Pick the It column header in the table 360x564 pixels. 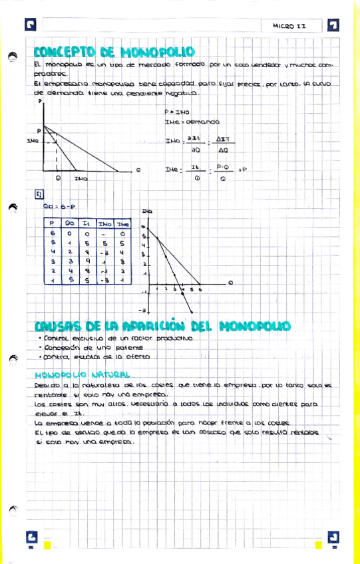(87, 224)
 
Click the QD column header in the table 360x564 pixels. (69, 224)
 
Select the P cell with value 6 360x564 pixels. (52, 233)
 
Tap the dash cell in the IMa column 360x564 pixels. (104, 233)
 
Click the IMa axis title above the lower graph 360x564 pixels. (146, 211)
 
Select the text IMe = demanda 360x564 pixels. (192, 122)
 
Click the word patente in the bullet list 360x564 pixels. (127, 347)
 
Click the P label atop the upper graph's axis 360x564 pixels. (41, 101)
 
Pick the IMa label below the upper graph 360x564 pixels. (81, 178)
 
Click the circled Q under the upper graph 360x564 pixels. (59, 178)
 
